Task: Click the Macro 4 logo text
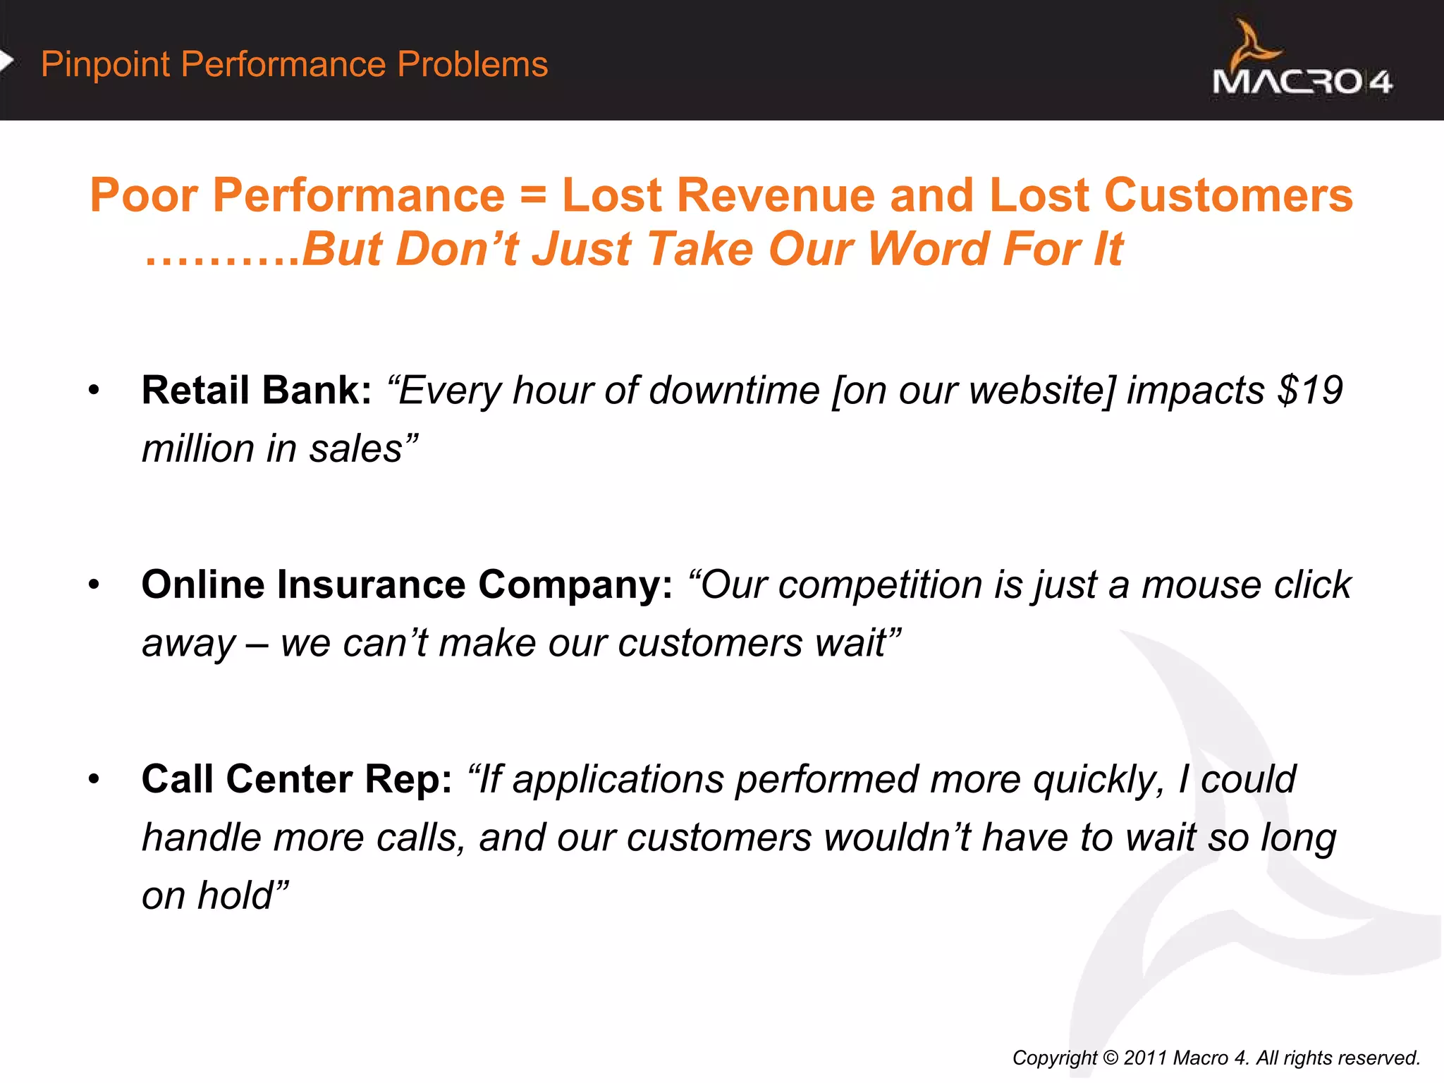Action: point(1302,82)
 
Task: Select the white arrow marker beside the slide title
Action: point(7,61)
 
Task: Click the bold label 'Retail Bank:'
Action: point(256,390)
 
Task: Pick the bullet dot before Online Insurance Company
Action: point(94,585)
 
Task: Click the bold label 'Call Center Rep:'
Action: point(296,779)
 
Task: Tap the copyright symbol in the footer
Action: point(1110,1058)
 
